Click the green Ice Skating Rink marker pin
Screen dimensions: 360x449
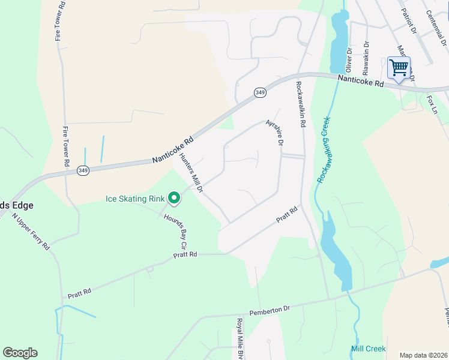click(x=174, y=197)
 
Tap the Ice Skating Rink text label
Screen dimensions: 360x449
click(x=136, y=199)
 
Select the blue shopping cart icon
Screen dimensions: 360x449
click(x=399, y=67)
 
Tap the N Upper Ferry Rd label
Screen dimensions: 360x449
click(x=31, y=235)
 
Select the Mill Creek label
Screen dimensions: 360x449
click(x=368, y=349)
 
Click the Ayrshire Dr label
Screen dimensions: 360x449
click(x=274, y=132)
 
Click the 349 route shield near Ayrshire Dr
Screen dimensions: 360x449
click(x=260, y=92)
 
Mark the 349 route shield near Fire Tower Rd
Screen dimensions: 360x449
click(x=83, y=171)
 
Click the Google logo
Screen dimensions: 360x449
click(x=20, y=353)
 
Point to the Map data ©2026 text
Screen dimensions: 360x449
click(x=423, y=355)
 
